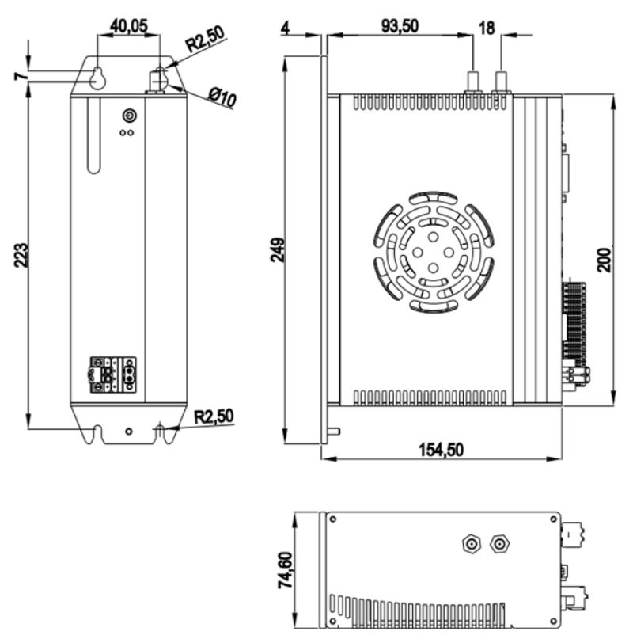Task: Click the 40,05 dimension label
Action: tap(128, 26)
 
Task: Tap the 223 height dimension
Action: tap(21, 256)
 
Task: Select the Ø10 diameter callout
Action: tap(222, 98)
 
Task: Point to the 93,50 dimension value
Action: tap(400, 26)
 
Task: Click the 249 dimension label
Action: tap(278, 249)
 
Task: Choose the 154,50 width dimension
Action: tap(442, 450)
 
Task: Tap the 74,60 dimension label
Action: tap(285, 570)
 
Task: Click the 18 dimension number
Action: tap(487, 29)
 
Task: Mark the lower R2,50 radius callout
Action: tap(214, 416)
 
